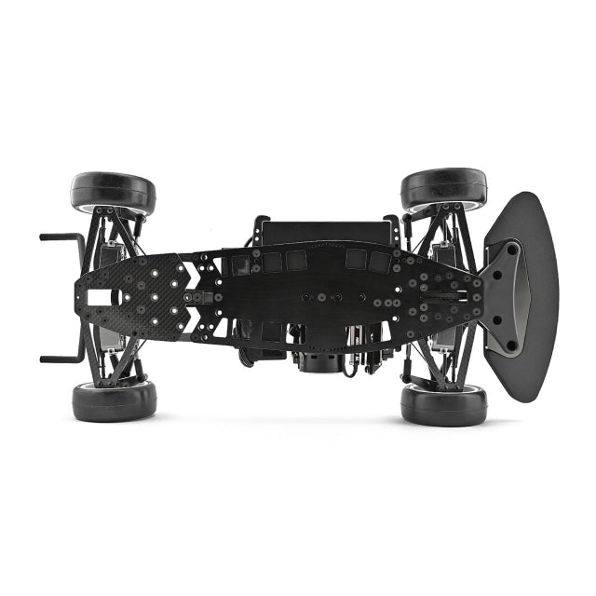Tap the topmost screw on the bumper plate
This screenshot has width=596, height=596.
511,247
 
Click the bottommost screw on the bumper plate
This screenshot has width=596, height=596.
510,345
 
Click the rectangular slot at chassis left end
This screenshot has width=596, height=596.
102,296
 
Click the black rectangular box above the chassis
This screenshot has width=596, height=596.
321,232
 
